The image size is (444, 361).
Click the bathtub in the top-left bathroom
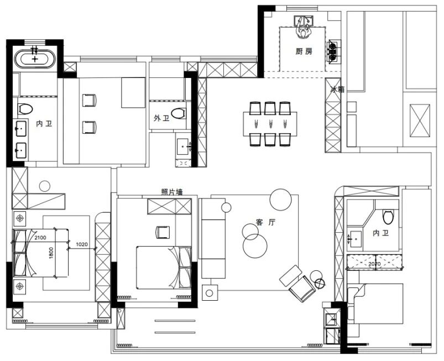(34, 59)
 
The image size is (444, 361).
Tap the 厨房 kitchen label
(304, 51)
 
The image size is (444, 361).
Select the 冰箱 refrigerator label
(337, 90)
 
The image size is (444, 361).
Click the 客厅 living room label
(265, 222)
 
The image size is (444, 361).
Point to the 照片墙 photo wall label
(172, 192)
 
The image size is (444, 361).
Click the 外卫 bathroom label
(161, 118)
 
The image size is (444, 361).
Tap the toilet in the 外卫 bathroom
(178, 113)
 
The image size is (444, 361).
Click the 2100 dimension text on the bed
(40, 238)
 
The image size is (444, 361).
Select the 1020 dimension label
(82, 244)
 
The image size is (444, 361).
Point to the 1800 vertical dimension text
(51, 253)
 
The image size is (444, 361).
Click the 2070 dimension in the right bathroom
(374, 264)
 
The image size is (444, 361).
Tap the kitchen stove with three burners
(333, 51)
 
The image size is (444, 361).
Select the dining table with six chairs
(270, 124)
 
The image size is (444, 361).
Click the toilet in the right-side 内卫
(388, 217)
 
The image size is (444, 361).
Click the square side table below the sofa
(210, 293)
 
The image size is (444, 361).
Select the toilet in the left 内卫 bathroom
(25, 109)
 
